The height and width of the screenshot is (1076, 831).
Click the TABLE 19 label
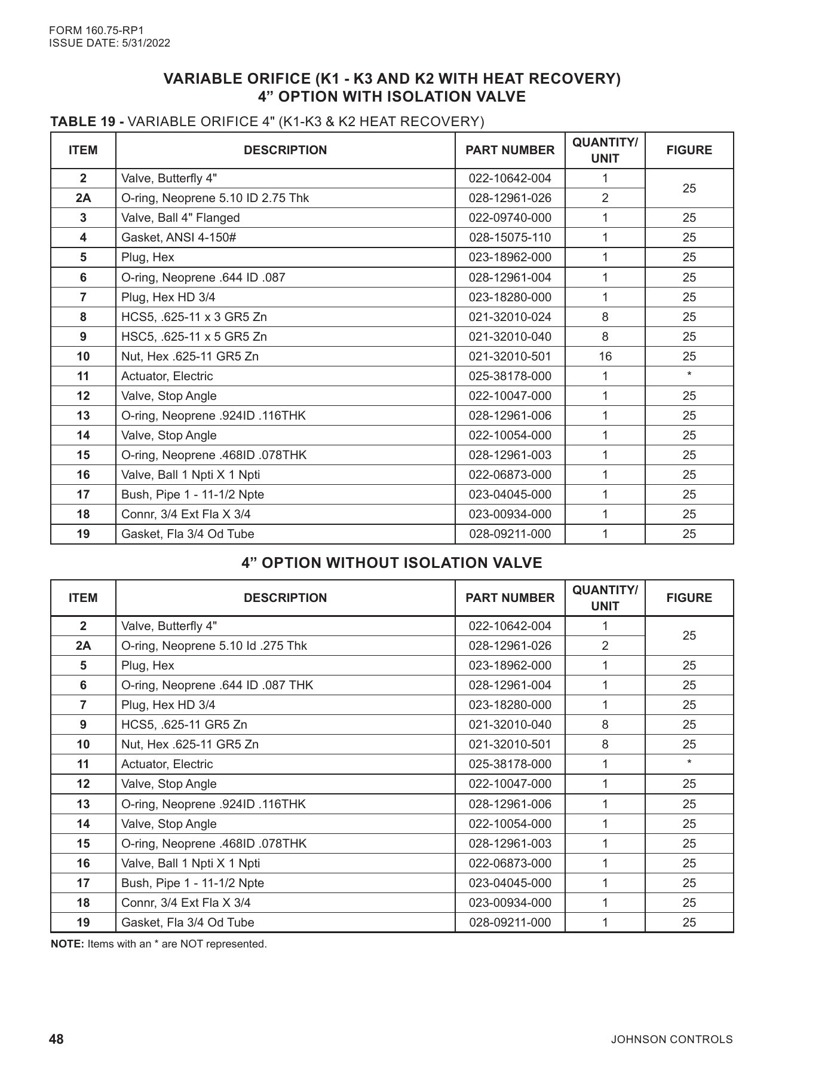click(x=87, y=122)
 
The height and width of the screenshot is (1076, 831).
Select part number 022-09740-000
click(x=510, y=218)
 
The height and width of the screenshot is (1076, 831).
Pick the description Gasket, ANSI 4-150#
click(x=179, y=238)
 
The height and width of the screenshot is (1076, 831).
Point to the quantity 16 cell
click(x=605, y=357)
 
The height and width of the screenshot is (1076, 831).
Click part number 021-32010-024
click(x=510, y=317)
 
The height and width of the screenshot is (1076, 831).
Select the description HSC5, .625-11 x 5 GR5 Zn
click(x=194, y=337)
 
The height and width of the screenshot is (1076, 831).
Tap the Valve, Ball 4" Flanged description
click(x=180, y=218)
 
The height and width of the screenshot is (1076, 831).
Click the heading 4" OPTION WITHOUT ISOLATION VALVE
click(x=392, y=563)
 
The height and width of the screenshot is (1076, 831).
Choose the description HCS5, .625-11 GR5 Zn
click(x=184, y=725)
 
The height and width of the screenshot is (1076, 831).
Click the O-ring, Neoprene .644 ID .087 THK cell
click(x=217, y=686)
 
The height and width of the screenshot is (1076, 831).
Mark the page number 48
click(x=56, y=1039)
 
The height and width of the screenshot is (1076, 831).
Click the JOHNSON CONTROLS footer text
click(x=671, y=1040)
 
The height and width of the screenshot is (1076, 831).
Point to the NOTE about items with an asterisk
click(x=159, y=944)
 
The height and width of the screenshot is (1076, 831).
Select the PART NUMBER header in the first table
click(x=510, y=151)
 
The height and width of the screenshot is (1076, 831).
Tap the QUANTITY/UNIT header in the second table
click(x=605, y=598)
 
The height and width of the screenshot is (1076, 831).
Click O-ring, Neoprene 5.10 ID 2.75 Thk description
click(x=215, y=198)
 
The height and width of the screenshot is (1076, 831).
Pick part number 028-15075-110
click(x=510, y=238)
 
